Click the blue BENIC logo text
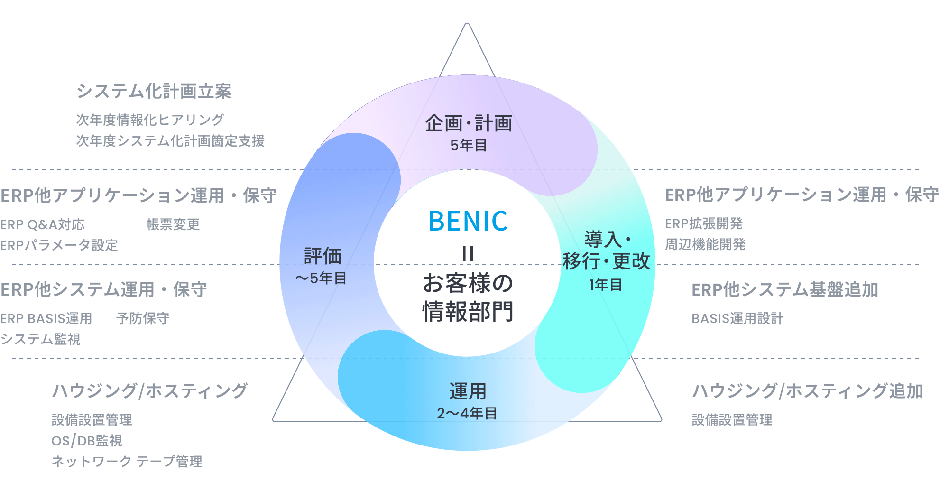(468, 221)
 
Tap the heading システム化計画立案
(154, 91)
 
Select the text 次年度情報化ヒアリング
(150, 120)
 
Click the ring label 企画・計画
(469, 123)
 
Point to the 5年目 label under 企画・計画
(469, 145)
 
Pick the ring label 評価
(323, 256)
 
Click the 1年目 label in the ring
(606, 285)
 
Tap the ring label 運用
(468, 392)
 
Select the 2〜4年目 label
(467, 414)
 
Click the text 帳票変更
(173, 224)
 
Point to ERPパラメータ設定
(59, 245)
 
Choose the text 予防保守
(143, 318)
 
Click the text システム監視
(41, 339)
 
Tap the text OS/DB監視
(87, 441)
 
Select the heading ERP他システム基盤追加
(785, 289)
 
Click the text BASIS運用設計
(737, 318)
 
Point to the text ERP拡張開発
(704, 223)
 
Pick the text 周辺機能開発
(705, 244)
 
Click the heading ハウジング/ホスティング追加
(807, 391)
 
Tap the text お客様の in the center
(468, 283)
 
